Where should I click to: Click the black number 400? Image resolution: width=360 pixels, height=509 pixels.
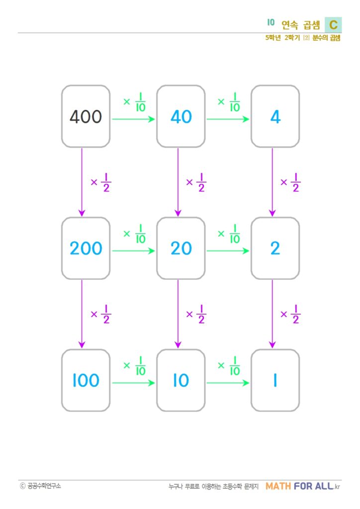click(86, 116)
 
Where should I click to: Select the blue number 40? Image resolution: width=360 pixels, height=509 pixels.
click(181, 116)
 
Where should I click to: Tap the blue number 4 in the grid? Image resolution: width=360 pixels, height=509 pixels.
click(275, 116)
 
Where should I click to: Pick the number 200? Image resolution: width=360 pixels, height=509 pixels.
click(86, 249)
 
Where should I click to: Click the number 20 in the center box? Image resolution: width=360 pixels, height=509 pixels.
click(181, 249)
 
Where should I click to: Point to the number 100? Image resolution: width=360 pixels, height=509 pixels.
click(86, 380)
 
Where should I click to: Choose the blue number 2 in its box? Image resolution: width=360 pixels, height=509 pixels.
click(275, 249)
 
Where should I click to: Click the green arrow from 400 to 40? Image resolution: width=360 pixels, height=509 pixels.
click(133, 119)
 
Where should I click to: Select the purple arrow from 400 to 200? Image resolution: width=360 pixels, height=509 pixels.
click(82, 182)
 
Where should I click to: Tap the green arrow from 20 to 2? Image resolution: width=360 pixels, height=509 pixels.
click(228, 251)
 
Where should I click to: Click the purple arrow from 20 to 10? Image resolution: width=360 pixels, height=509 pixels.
click(178, 314)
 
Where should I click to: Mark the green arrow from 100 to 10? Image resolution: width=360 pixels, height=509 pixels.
click(133, 383)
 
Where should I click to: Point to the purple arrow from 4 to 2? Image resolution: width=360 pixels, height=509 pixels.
click(272, 182)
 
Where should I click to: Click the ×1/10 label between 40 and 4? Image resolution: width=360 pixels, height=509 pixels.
click(229, 102)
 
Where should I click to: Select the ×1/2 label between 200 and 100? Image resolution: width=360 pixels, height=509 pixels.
click(101, 314)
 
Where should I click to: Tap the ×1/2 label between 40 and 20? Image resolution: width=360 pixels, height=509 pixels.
click(196, 182)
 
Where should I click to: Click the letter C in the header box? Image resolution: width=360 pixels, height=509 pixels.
click(333, 25)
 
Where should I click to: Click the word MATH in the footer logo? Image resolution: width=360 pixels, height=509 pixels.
click(278, 486)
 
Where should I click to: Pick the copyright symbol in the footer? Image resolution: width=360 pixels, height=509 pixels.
click(22, 486)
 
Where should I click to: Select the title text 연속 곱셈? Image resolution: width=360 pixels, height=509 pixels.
click(301, 25)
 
